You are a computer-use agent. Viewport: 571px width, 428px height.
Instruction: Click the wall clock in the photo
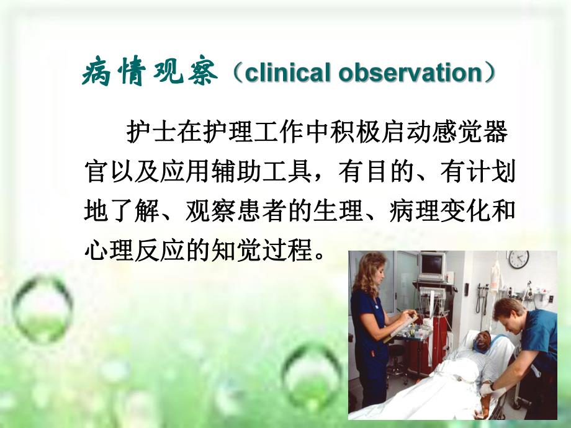(x=518, y=259)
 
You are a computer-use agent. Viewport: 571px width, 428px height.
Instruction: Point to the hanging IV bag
(x=495, y=276)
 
